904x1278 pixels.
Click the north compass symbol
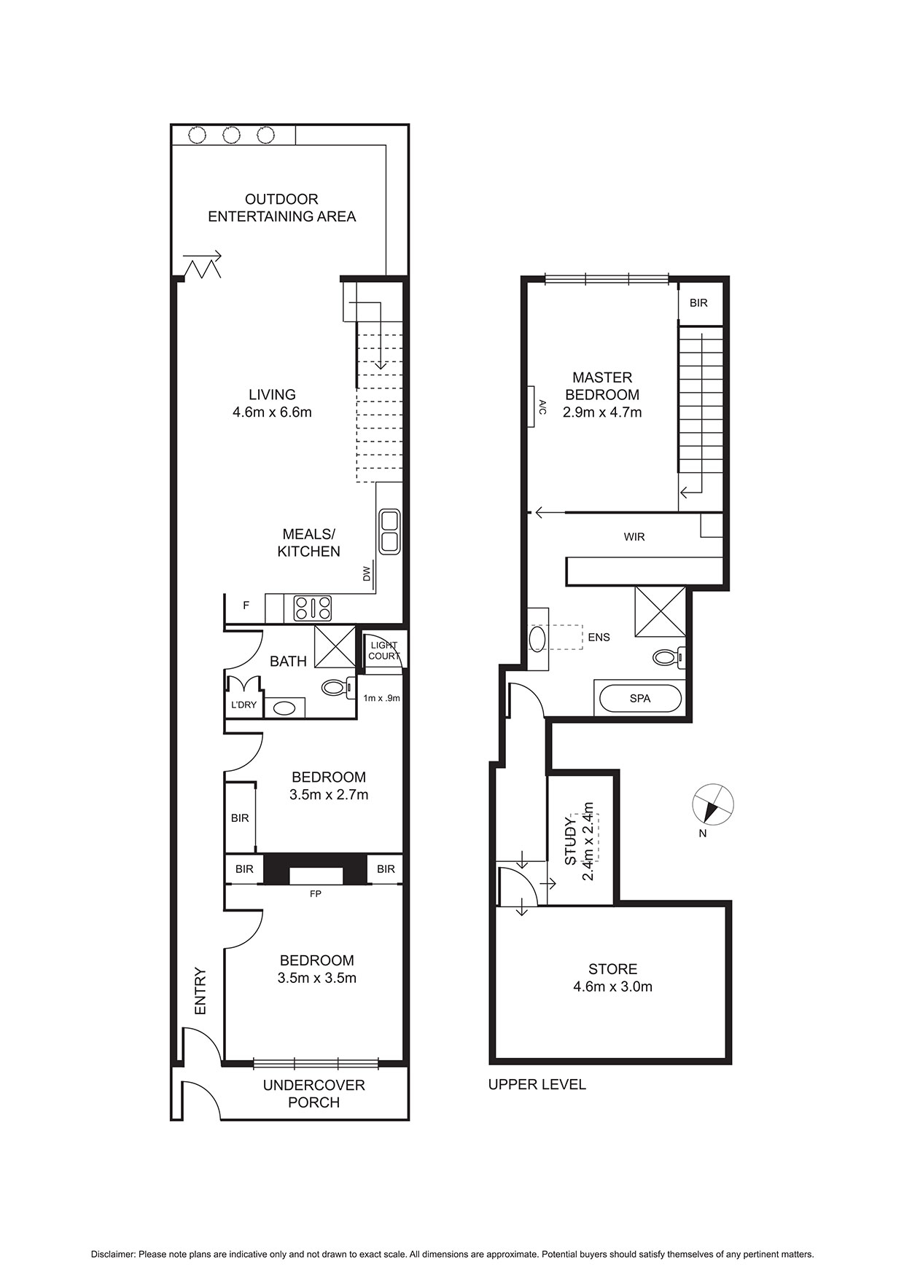click(712, 804)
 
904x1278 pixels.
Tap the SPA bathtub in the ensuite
click(640, 699)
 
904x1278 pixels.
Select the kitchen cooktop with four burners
click(313, 608)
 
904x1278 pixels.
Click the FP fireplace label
click(316, 893)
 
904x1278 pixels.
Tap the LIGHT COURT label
click(384, 651)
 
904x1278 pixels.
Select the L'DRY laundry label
click(243, 705)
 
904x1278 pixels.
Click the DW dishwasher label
click(367, 574)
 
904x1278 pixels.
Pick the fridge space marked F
click(246, 605)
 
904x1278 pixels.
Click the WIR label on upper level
click(634, 537)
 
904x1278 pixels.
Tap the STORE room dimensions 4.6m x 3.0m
click(613, 987)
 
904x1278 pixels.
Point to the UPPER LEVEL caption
click(537, 1084)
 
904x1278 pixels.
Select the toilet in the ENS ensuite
click(669, 657)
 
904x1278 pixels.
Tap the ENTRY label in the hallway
click(200, 991)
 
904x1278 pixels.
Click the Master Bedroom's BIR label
click(698, 302)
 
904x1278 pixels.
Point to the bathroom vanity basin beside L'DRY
click(284, 707)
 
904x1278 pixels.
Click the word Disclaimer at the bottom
click(113, 1255)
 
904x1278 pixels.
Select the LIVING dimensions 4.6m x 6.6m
click(272, 412)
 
